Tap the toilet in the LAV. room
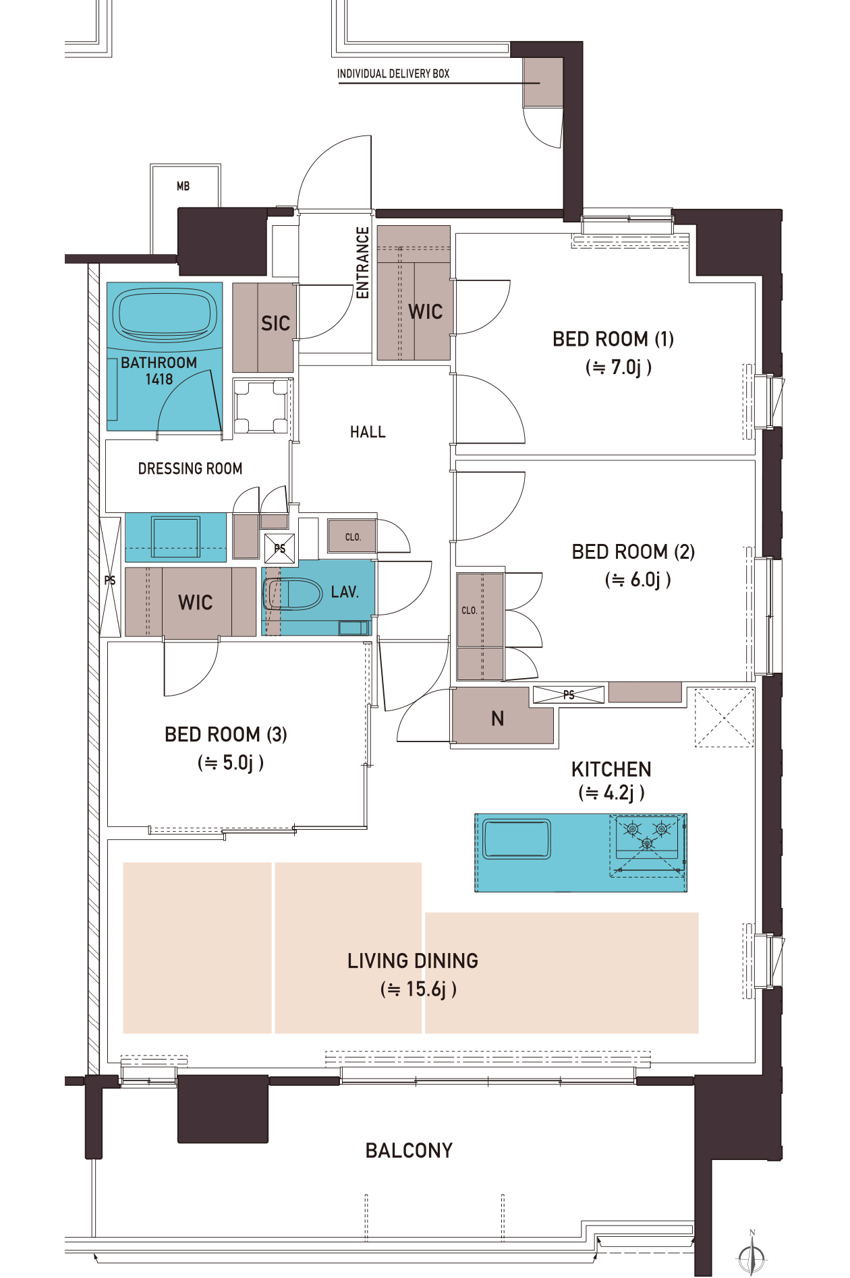point(294,594)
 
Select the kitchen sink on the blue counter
point(517,839)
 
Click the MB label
point(183,186)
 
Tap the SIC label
point(275,324)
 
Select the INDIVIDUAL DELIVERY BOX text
point(393,73)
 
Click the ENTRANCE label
point(363,262)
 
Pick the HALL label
point(368,432)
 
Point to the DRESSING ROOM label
point(190,468)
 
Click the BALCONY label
point(409,1150)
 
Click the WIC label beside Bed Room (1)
point(426,311)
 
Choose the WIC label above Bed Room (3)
point(196,602)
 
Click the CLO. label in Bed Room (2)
point(470,611)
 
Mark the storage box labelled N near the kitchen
point(503,716)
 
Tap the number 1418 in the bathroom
point(159,379)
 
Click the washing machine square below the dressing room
point(175,537)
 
